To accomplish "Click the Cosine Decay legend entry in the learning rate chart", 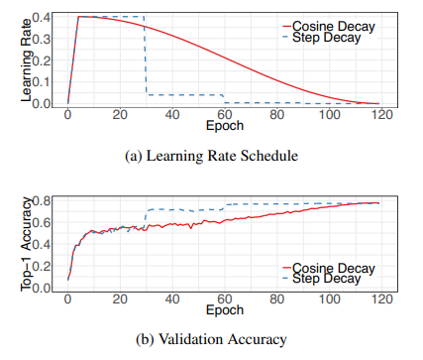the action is tap(329, 26).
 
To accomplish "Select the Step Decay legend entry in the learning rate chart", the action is tap(322, 38).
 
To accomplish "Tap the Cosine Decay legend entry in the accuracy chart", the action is tap(329, 268).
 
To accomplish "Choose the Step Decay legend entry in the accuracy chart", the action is tap(322, 279).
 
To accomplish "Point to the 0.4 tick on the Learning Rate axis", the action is tap(42, 17).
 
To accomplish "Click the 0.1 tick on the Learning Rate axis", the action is tap(42, 81).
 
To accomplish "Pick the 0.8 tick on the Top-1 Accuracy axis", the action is tap(42, 200).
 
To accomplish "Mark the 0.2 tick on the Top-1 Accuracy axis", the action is tap(42, 266).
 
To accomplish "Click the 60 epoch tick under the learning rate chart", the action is tap(225, 115).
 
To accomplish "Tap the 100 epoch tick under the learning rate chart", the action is tap(329, 115).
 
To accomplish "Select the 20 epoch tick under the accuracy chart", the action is tap(120, 300).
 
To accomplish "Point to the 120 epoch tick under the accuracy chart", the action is tap(382, 300).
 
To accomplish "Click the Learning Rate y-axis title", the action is tap(27, 60).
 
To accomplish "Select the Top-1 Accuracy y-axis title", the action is tap(27, 244).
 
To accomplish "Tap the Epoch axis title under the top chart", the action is tap(225, 126).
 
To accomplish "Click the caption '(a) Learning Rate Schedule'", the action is tap(211, 156).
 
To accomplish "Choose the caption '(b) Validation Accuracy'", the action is tap(211, 340).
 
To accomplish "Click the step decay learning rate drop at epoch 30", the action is tap(146, 56).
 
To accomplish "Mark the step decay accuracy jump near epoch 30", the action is tap(146, 218).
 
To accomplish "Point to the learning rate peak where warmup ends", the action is tap(78, 17).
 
